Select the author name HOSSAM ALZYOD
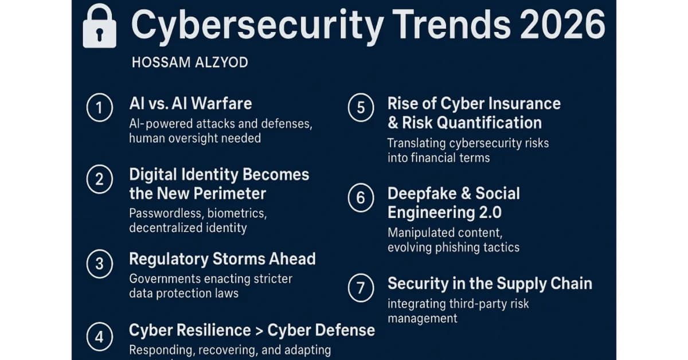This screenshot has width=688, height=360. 190,62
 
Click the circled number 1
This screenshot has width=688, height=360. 99,109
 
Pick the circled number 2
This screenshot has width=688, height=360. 99,179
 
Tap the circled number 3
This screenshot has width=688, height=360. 99,264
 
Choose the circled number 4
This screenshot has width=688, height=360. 99,336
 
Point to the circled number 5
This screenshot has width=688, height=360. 361,109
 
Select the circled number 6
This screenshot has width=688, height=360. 361,198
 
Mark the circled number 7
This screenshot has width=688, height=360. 361,288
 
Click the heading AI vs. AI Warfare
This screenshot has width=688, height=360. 190,104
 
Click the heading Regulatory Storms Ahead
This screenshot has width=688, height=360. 222,259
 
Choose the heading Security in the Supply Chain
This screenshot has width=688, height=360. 490,284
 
